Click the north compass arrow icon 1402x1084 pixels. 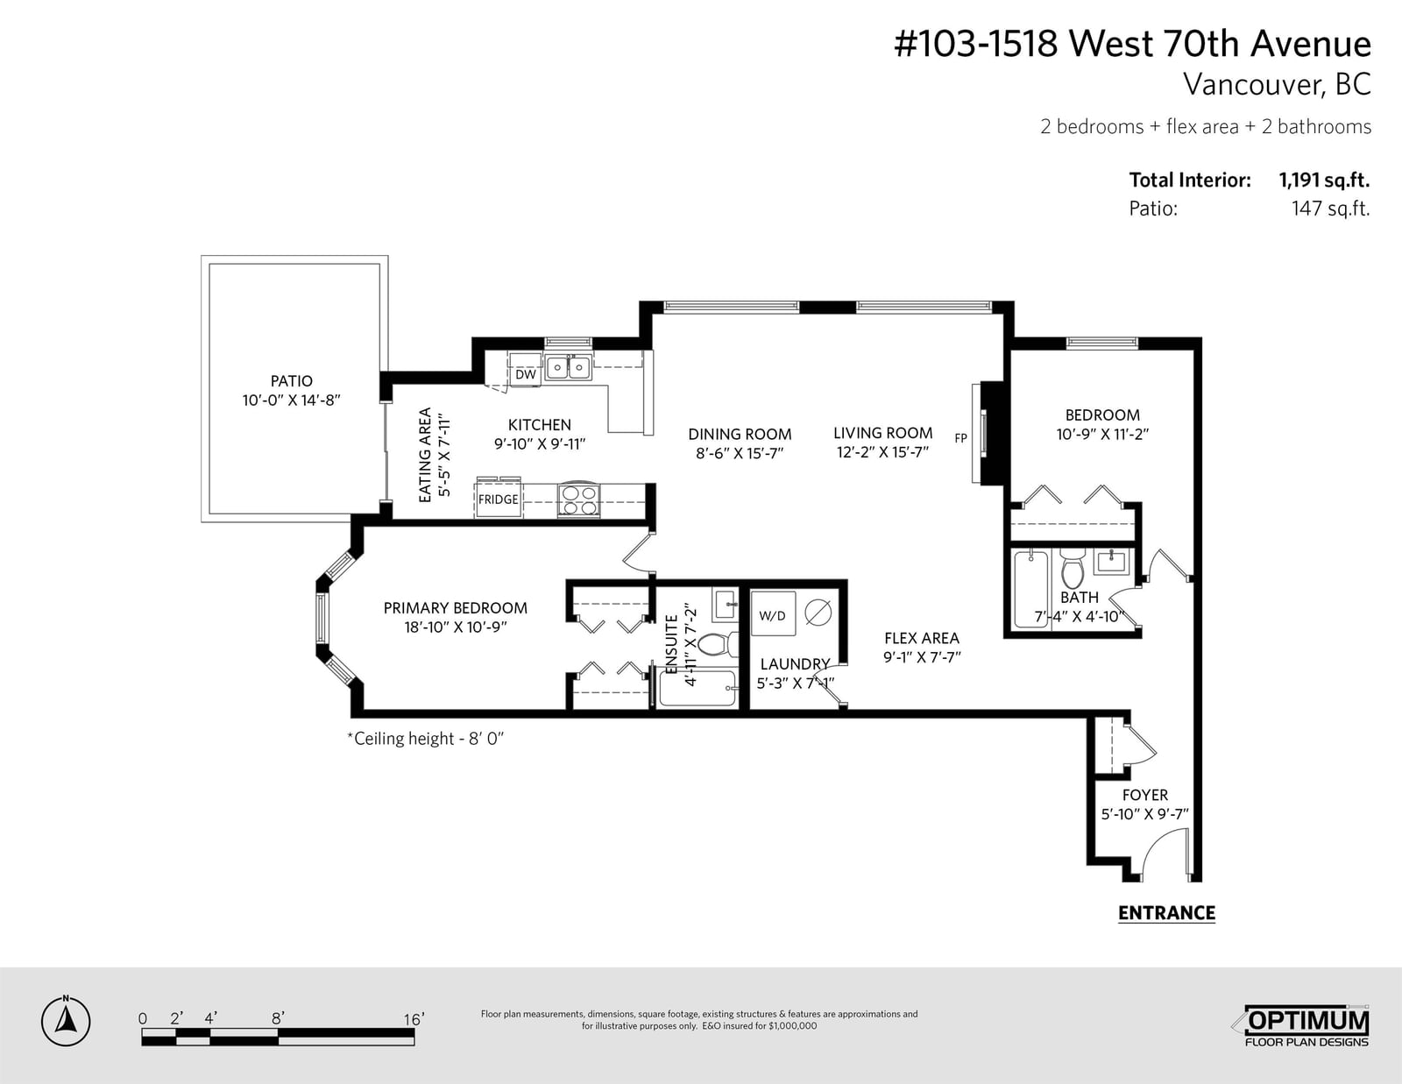point(66,1021)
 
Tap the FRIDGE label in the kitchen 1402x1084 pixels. point(498,499)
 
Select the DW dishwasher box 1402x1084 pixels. point(526,374)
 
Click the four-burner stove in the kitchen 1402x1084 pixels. point(578,500)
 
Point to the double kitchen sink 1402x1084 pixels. point(568,368)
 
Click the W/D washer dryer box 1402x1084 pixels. point(773,615)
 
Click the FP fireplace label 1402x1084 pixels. point(960,438)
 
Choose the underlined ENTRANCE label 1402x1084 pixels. point(1166,913)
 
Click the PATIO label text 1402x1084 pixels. point(292,380)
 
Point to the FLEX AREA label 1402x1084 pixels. point(921,638)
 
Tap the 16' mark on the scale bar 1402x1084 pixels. point(414,1019)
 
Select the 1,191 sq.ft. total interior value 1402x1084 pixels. point(1324,180)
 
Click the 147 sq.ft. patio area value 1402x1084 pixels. point(1330,209)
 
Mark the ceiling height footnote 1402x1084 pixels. point(426,738)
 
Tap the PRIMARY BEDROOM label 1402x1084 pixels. point(456,608)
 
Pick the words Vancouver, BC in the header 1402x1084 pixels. point(1277,84)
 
